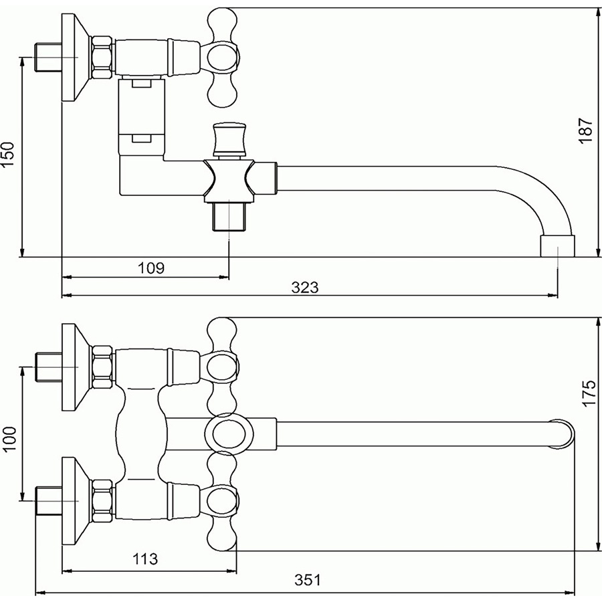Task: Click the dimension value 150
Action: pos(8,154)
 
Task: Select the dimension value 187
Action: pos(586,131)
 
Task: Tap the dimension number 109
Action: pos(151,268)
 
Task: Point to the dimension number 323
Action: pos(305,287)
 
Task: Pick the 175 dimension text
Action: pos(588,393)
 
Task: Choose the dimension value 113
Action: pos(145,559)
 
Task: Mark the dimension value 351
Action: pos(308,580)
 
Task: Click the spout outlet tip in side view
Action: pos(557,246)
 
